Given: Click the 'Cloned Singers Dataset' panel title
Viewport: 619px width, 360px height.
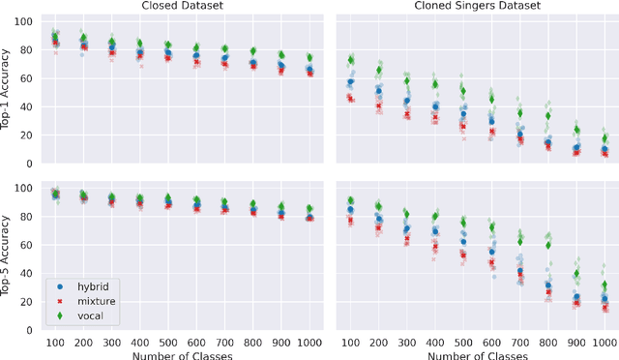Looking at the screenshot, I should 477,7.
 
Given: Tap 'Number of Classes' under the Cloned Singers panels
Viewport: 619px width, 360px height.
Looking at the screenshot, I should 477,352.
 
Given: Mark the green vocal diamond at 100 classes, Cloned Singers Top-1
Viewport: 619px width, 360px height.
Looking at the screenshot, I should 351,61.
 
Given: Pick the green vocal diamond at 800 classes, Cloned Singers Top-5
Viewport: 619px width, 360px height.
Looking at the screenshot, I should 548,245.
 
